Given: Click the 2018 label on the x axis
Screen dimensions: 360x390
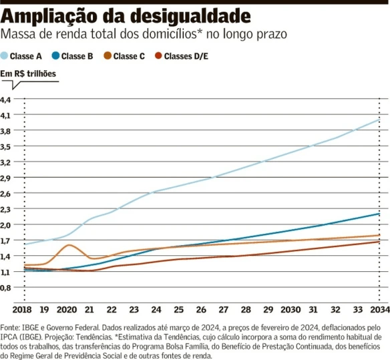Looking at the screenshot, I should coord(23,311).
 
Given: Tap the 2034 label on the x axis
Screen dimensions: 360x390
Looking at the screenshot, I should coord(379,311).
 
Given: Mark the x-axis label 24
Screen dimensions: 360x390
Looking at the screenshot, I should coord(156,311).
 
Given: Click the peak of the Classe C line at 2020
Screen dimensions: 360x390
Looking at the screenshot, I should coord(69,245).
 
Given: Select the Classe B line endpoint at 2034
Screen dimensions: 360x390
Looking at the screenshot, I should coord(379,214).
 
